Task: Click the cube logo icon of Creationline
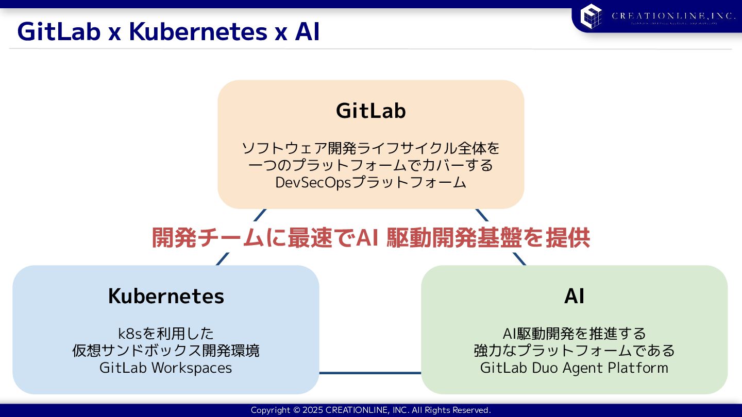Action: tap(591, 16)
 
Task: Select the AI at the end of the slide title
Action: tap(308, 32)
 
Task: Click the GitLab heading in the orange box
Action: tap(371, 111)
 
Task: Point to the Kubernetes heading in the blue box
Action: tap(166, 296)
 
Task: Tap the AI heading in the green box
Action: tap(574, 296)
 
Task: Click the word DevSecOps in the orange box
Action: tap(313, 183)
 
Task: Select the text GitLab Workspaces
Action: tap(166, 368)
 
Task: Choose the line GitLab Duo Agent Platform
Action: tap(574, 368)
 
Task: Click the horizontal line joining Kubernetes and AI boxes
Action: tap(370, 373)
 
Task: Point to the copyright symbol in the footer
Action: tap(296, 410)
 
